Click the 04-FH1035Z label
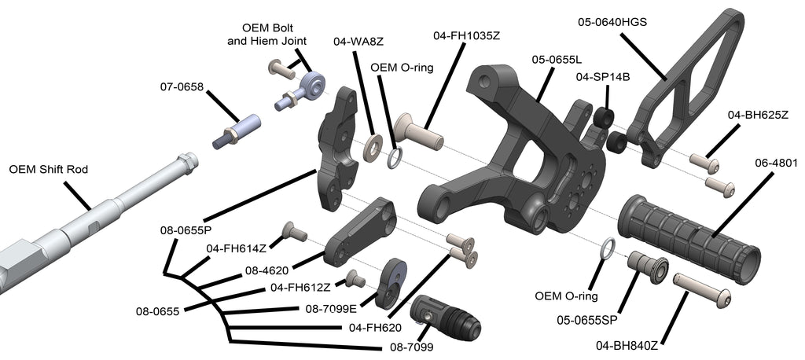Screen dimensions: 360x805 (467, 35)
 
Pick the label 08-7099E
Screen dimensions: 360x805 (330, 308)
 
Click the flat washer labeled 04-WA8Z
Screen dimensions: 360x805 (373, 147)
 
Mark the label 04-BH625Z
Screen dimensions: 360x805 (758, 115)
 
